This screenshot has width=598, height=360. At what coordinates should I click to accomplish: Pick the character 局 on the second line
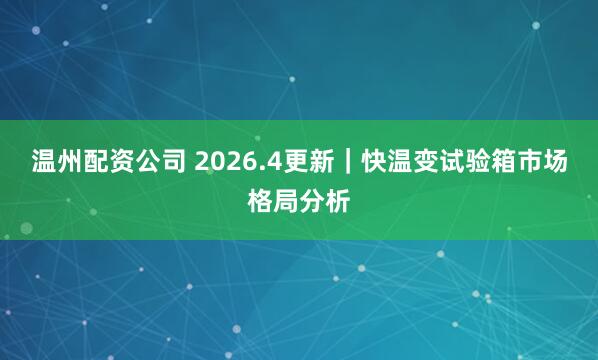point(285,201)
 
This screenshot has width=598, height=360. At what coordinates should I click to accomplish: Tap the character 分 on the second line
point(312,201)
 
